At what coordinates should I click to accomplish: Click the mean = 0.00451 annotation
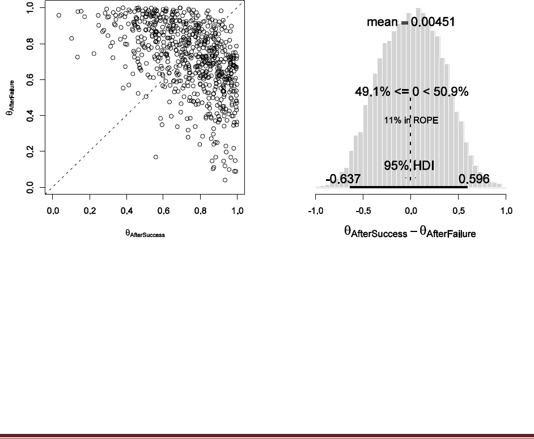click(x=410, y=22)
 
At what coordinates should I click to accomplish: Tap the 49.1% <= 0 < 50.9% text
click(x=412, y=92)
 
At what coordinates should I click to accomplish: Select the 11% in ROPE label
click(x=411, y=120)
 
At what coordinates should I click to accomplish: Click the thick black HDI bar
click(x=409, y=187)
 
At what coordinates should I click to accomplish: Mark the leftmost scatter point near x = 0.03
click(x=59, y=15)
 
